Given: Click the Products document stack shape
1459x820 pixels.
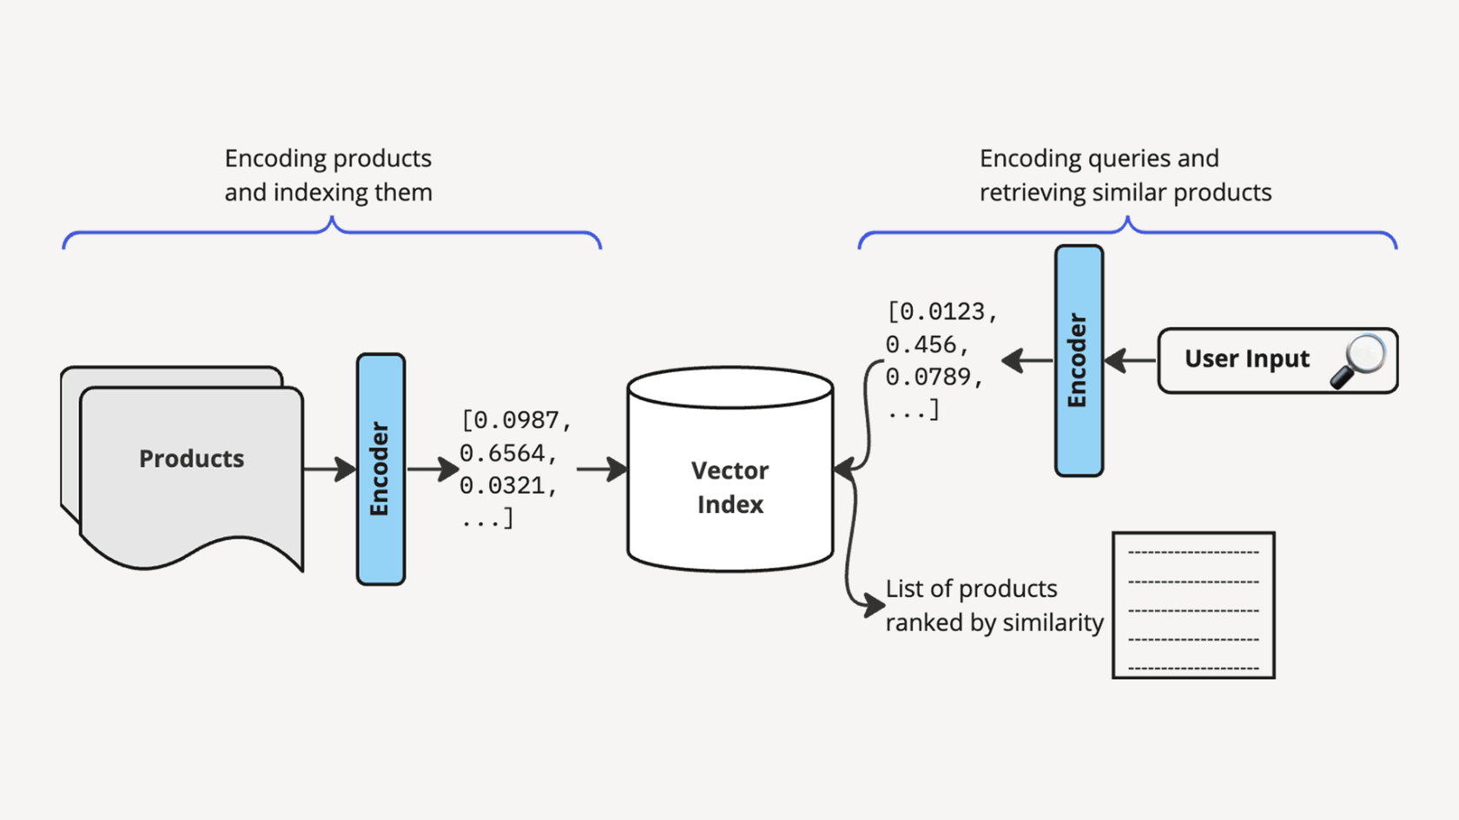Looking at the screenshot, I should coord(191,469).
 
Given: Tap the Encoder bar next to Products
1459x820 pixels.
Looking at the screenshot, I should coord(380,469).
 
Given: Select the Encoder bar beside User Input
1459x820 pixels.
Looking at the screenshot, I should coord(1079,360).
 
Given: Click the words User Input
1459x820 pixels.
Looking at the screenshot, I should coord(1246,359).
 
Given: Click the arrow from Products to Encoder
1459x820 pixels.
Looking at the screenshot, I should coord(330,469).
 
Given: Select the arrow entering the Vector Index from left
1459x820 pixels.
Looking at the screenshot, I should coord(602,469).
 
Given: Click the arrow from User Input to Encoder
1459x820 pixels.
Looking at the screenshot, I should coord(1131,360).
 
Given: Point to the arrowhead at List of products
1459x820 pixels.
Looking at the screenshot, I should coord(874,604).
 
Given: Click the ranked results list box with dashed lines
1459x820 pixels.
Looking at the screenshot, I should coord(1193,605).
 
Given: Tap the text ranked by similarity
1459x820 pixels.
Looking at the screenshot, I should coord(994,622).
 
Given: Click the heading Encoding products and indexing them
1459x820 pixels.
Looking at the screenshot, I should coord(328,175).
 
